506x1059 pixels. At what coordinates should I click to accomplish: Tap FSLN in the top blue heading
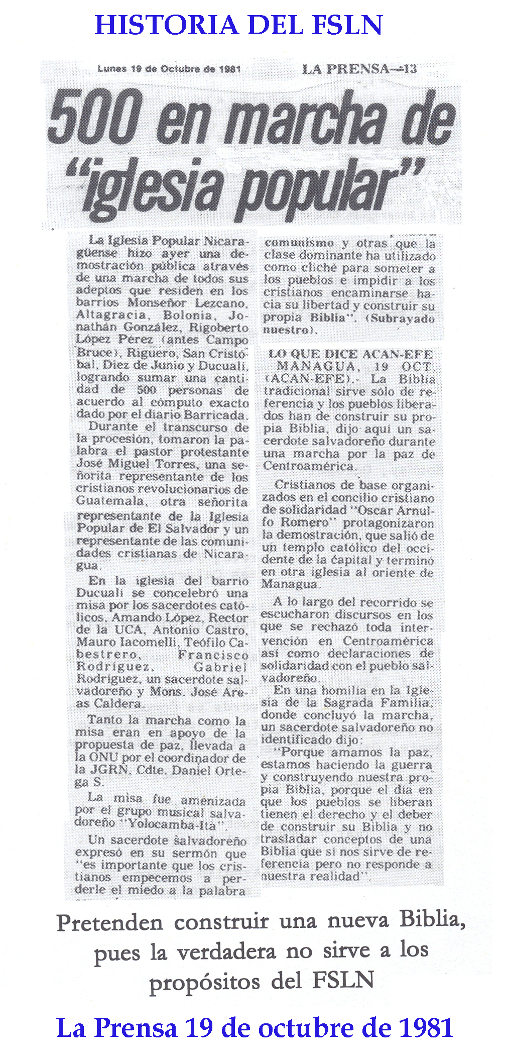click(346, 25)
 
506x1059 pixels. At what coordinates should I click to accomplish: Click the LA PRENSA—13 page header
click(359, 69)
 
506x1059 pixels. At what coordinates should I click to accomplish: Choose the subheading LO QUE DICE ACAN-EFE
click(350, 354)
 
